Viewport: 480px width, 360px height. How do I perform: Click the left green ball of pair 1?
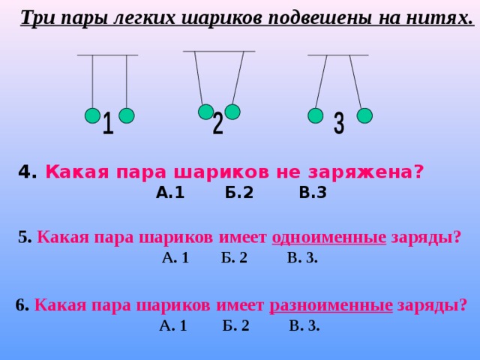(92, 115)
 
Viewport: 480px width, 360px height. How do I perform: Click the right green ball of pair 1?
(127, 115)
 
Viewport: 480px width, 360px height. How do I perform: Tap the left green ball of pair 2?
(206, 112)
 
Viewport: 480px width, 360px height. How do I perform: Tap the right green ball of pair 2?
(232, 112)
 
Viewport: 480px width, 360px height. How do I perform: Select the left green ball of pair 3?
(315, 115)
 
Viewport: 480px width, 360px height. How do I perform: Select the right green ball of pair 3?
(364, 115)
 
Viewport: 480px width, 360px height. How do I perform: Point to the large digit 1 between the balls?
(108, 123)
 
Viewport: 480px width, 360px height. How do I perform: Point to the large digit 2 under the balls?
(218, 123)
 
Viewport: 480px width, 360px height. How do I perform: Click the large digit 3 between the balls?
(339, 123)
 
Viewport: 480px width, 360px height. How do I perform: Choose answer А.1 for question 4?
(170, 193)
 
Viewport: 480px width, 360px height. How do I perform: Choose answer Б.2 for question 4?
(239, 193)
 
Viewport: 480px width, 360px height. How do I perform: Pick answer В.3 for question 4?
(313, 193)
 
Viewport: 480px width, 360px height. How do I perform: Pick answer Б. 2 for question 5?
(234, 258)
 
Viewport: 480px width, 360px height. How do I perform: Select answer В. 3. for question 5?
(302, 258)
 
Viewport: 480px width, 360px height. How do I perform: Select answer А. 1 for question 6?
(173, 325)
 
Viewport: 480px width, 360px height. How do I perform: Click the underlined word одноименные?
(328, 238)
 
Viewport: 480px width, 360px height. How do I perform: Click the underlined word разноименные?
(331, 305)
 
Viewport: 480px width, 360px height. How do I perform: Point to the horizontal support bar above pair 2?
(219, 52)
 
